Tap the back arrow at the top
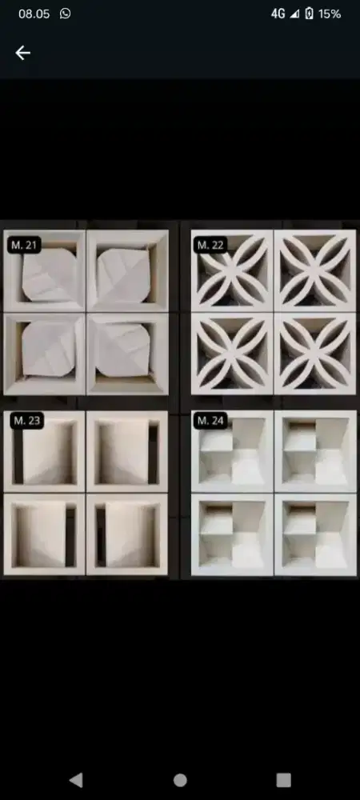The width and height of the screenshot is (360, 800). tap(22, 53)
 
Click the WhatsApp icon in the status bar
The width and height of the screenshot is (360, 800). tap(66, 14)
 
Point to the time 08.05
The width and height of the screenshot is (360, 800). tap(34, 14)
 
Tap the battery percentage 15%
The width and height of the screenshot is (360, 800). tap(330, 14)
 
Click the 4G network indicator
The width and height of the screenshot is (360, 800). tap(278, 14)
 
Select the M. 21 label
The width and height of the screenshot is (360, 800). tap(25, 245)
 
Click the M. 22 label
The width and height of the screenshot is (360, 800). tap(210, 245)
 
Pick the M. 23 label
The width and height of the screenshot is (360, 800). tap(27, 421)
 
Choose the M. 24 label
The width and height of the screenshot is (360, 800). tap(210, 421)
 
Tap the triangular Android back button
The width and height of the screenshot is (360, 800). tap(76, 779)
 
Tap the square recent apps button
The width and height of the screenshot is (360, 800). tap(283, 779)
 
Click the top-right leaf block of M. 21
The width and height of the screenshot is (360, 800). tap(127, 270)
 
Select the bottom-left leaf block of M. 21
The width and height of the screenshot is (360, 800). tap(44, 354)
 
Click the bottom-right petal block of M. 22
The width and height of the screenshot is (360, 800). tap(315, 354)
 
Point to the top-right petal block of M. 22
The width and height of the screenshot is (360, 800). tap(315, 270)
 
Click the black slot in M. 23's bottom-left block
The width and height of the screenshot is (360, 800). tap(70, 536)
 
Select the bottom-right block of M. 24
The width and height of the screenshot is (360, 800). tap(316, 534)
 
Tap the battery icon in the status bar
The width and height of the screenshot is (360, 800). tap(309, 14)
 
